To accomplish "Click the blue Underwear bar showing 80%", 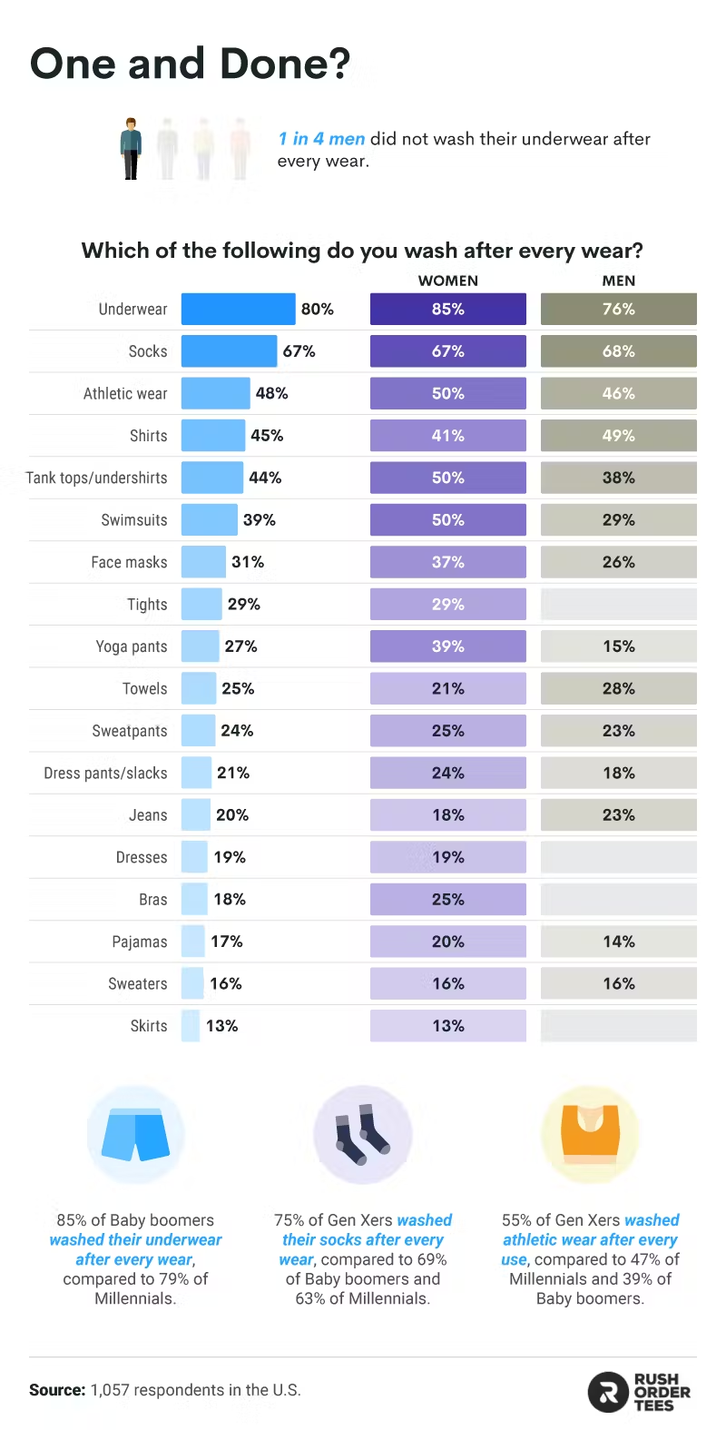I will point(238,309).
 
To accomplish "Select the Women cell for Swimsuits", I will point(447,520).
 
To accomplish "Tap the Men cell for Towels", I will point(618,689).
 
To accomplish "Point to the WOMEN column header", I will point(447,281).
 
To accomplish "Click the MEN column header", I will point(618,281).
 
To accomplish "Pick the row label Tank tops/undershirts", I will point(96,478).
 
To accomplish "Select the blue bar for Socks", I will point(229,351).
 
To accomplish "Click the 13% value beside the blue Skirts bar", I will point(222,1026).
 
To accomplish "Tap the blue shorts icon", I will point(135,1135).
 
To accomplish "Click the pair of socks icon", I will point(363,1134).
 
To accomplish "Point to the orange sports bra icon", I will point(590,1134).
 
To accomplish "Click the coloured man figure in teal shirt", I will point(132,149).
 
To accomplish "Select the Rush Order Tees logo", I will point(639,1392).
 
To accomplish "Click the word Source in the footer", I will point(57,1390).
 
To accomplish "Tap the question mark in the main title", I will point(338,64).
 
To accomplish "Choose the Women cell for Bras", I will point(447,900).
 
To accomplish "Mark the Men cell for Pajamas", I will point(618,942).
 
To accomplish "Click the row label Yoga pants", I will point(132,646).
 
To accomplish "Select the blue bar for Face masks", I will point(203,562).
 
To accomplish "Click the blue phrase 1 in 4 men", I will point(321,139).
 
